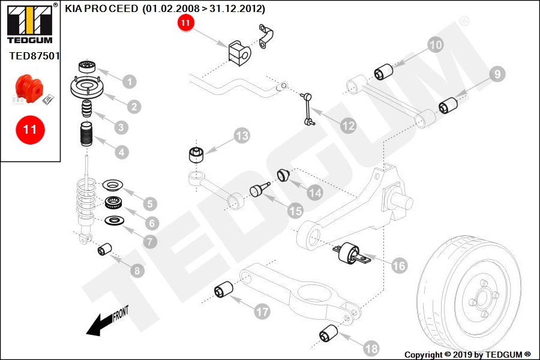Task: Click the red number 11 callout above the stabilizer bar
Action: [185, 23]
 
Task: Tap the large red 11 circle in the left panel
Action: [30, 130]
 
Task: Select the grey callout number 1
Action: [130, 82]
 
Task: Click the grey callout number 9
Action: [497, 74]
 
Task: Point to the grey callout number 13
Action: [242, 136]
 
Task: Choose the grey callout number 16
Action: [399, 266]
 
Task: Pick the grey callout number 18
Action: [371, 349]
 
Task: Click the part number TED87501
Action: [34, 56]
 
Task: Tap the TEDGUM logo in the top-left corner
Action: [30, 23]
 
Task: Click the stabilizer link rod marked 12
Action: [307, 109]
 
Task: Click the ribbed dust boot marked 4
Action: [86, 134]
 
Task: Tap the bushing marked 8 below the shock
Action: [104, 250]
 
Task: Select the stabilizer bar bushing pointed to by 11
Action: [239, 53]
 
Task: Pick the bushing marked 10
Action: [383, 71]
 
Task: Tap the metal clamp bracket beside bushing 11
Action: [266, 36]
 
